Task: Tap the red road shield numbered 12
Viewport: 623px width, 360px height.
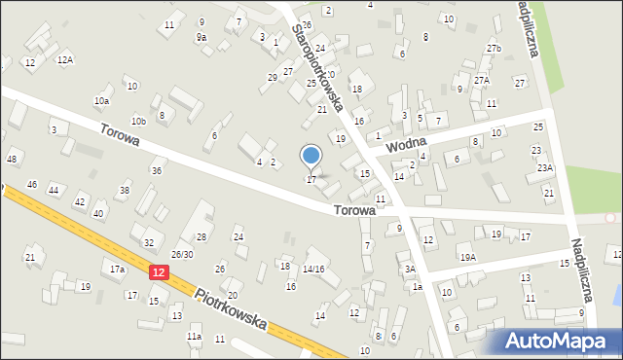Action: click(x=159, y=275)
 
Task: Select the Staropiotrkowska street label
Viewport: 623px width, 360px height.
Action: click(x=317, y=69)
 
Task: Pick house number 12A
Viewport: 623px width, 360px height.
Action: click(x=65, y=60)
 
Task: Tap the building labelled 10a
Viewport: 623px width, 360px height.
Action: click(x=101, y=101)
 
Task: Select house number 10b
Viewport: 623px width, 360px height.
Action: click(x=138, y=121)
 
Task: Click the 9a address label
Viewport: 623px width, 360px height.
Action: click(x=202, y=37)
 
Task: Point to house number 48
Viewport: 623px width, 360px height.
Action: click(x=12, y=160)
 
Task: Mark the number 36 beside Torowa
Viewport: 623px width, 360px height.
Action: click(x=156, y=171)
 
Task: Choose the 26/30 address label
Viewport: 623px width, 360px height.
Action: click(x=182, y=255)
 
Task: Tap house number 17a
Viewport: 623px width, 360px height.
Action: click(x=117, y=269)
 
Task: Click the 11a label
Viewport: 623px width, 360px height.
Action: click(x=194, y=337)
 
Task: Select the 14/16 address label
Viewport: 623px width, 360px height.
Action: click(x=313, y=269)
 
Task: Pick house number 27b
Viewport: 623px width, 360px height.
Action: click(x=494, y=49)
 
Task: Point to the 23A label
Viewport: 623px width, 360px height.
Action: click(x=544, y=168)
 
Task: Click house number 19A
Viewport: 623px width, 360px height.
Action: click(x=468, y=257)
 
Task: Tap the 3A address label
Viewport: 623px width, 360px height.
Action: click(x=410, y=269)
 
